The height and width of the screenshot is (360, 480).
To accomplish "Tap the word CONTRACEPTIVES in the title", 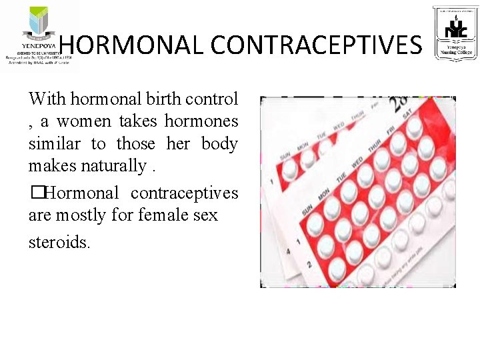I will pos(316,45).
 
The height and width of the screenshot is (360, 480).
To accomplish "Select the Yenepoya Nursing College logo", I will pos(455,33).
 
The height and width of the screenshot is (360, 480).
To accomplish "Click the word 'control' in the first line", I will pos(212,99).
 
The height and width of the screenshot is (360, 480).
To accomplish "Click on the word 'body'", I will pos(219,144).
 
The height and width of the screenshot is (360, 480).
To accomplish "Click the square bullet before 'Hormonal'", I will pos(35,193).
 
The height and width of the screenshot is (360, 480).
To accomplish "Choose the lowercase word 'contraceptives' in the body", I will pos(184,193).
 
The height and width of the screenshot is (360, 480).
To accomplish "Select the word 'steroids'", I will pos(58,241).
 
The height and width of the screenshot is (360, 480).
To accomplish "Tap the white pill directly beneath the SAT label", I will pos(414,127).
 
